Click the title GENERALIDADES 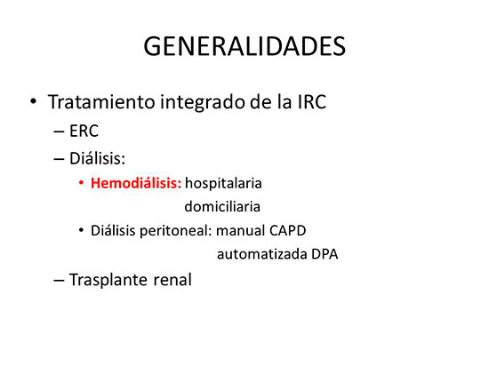point(244,46)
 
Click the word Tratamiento point(101,101)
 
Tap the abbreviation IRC point(311,102)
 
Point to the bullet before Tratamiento point(33,101)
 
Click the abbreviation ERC point(84,131)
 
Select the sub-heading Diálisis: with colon point(97,158)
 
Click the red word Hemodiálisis point(136,183)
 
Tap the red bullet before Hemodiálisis point(81,183)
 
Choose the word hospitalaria point(223,184)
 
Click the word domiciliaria point(222,207)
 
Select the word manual point(240,231)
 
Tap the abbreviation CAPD point(287,231)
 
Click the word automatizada point(262,254)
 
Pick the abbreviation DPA point(325,254)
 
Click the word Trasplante point(108,280)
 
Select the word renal point(172,280)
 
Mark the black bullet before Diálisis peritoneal point(81,231)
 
